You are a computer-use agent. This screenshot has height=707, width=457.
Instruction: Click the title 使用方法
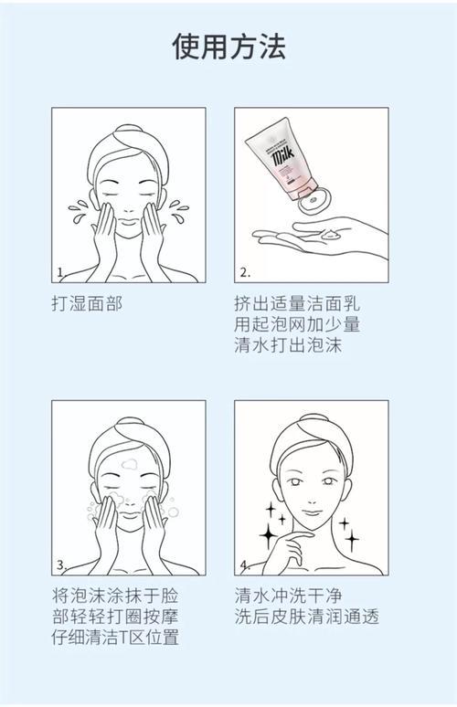pyautogui.click(x=228, y=47)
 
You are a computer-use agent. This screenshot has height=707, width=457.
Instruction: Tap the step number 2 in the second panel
pyautogui.click(x=245, y=272)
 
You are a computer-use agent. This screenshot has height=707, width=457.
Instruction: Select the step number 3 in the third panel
pyautogui.click(x=61, y=565)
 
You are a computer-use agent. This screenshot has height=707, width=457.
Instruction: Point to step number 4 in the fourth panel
pyautogui.click(x=245, y=565)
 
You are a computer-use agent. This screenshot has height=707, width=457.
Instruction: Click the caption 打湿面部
pyautogui.click(x=87, y=302)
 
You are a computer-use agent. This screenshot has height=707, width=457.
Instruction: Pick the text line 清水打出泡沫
pyautogui.click(x=289, y=346)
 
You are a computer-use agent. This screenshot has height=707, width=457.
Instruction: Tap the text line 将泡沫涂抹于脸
pyautogui.click(x=114, y=595)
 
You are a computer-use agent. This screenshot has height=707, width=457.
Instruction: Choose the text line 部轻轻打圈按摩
pyautogui.click(x=114, y=617)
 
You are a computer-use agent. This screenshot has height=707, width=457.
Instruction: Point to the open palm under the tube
pyautogui.click(x=320, y=236)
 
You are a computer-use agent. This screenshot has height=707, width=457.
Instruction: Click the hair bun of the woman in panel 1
pyautogui.click(x=127, y=131)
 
